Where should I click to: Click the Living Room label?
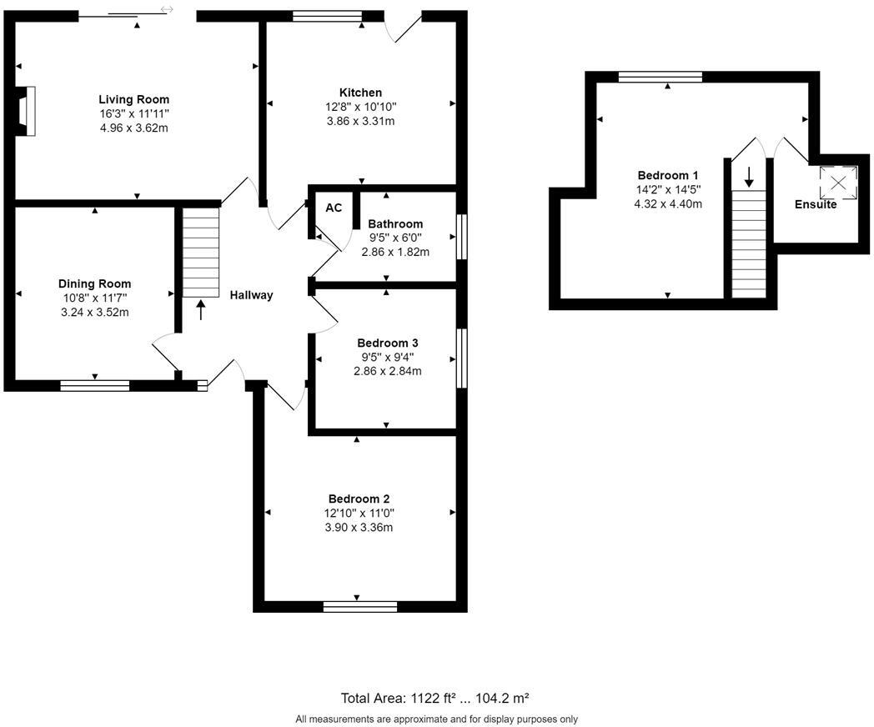tap(133, 99)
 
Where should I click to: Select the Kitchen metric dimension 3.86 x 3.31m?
tap(360, 121)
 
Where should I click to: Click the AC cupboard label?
tap(334, 208)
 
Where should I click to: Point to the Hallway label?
tap(251, 294)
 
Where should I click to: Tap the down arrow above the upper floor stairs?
tap(749, 176)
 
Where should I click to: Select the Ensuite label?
tap(815, 204)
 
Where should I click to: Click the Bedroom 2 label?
tap(358, 499)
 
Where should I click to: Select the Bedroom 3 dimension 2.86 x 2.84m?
tap(387, 371)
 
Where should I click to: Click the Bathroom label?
tap(395, 223)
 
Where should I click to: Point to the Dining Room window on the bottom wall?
tap(94, 385)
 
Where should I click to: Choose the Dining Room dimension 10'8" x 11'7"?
tap(94, 298)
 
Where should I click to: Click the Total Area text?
tap(435, 698)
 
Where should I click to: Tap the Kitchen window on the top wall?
tap(327, 15)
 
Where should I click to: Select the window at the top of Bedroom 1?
tap(660, 77)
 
